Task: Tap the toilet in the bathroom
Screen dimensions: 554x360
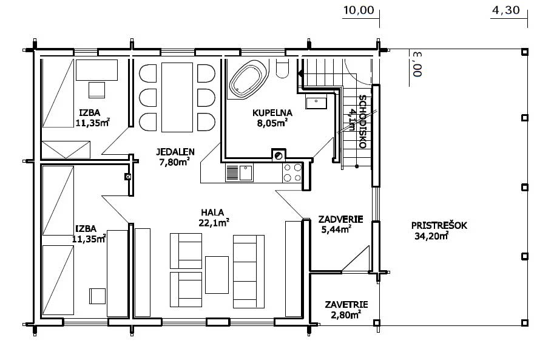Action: click(x=282, y=69)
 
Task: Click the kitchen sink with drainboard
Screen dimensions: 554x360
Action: click(x=240, y=173)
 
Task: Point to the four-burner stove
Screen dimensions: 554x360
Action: click(x=292, y=173)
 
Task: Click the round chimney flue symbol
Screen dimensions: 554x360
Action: click(x=279, y=155)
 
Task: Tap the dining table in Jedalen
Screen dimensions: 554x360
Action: click(x=177, y=97)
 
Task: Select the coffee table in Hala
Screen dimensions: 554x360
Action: click(x=217, y=275)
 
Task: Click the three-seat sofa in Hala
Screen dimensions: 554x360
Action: click(x=248, y=271)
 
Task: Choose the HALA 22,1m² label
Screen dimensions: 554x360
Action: click(x=214, y=217)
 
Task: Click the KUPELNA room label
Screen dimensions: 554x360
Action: click(x=272, y=113)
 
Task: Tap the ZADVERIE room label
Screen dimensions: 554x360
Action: click(x=340, y=219)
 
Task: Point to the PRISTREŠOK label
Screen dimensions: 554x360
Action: click(x=439, y=225)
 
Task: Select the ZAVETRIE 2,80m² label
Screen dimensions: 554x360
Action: click(x=346, y=310)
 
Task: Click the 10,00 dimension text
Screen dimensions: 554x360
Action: click(x=359, y=10)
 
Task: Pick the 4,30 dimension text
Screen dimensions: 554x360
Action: click(x=505, y=10)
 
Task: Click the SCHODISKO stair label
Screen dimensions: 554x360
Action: click(x=362, y=121)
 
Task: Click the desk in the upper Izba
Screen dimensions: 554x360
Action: click(x=97, y=70)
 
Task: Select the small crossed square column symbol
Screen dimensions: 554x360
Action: click(x=128, y=177)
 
